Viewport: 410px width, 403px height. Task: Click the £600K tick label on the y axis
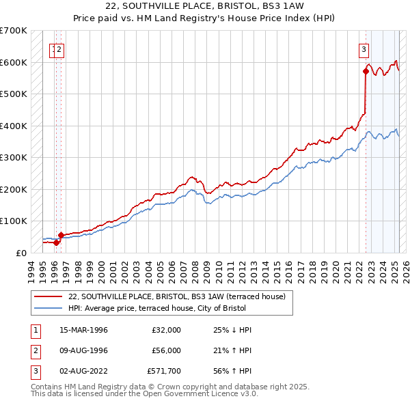coord(13,62)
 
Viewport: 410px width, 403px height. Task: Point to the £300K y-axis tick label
coord(13,157)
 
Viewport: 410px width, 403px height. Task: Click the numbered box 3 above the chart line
coord(364,49)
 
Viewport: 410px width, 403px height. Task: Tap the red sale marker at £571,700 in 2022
coord(366,71)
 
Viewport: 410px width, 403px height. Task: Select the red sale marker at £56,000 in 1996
coord(61,235)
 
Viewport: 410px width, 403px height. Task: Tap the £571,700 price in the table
coord(163,371)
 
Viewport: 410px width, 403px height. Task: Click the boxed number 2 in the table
coord(34,350)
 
